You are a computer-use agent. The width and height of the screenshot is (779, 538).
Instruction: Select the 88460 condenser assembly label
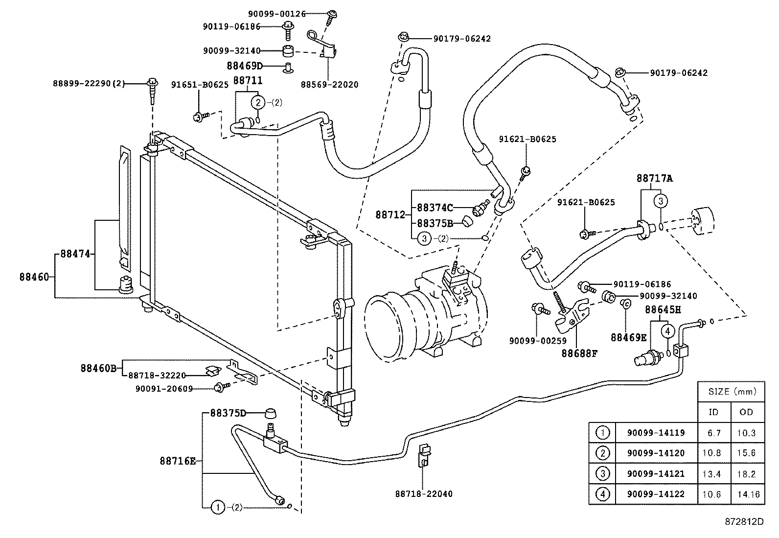(34, 277)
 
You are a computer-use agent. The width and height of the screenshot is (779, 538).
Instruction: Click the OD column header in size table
(746, 412)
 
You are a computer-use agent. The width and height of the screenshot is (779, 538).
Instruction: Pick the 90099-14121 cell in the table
(656, 474)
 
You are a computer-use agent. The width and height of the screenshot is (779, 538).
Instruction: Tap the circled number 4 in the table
(603, 494)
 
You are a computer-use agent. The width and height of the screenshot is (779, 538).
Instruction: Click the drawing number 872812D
(744, 521)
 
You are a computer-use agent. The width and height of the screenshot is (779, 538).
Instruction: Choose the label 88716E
(177, 461)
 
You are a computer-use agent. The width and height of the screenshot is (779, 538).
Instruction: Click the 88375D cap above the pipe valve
(271, 413)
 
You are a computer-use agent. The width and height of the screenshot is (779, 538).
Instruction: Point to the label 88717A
(655, 179)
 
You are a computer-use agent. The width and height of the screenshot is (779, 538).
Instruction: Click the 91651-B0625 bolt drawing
(200, 117)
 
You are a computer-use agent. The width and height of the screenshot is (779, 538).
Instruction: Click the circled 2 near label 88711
(258, 102)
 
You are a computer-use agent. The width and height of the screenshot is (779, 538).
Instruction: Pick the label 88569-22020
(329, 85)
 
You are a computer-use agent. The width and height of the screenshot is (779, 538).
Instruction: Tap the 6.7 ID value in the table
(714, 433)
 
